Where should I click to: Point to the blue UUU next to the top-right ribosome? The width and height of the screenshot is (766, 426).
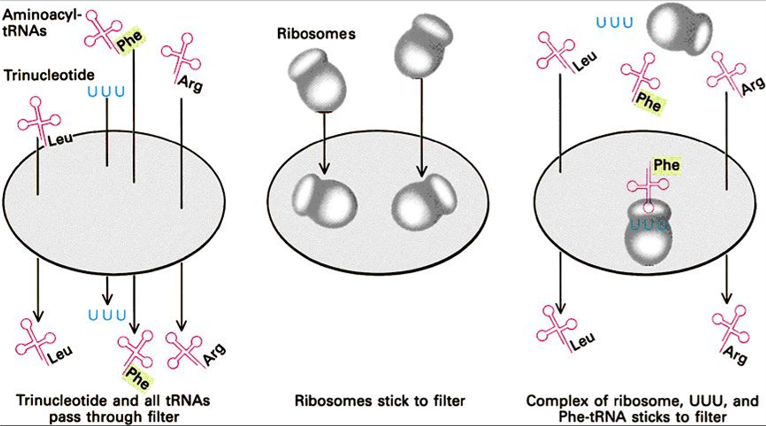click(x=615, y=23)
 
